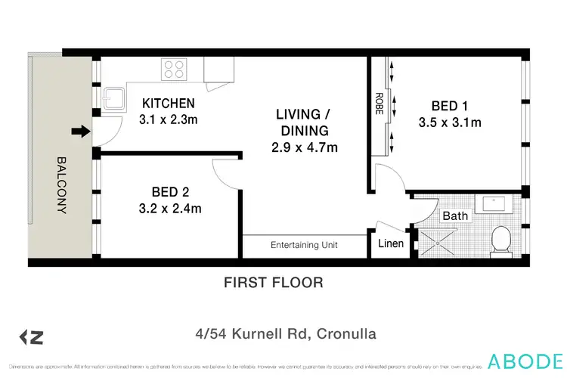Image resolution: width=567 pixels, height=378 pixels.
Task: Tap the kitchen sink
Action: pyautogui.click(x=115, y=99)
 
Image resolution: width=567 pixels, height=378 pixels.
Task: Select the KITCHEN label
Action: pyautogui.click(x=169, y=104)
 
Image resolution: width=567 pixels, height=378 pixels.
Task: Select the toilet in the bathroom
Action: pyautogui.click(x=500, y=241)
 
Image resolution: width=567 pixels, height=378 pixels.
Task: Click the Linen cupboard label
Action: pyautogui.click(x=391, y=243)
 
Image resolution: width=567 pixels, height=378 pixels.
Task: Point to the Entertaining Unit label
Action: pyautogui.click(x=305, y=245)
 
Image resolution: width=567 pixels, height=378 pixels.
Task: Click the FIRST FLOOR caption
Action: pyautogui.click(x=274, y=283)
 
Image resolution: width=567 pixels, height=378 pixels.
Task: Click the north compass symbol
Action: pyautogui.click(x=31, y=336)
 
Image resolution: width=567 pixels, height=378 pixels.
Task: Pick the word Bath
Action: pyautogui.click(x=455, y=215)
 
